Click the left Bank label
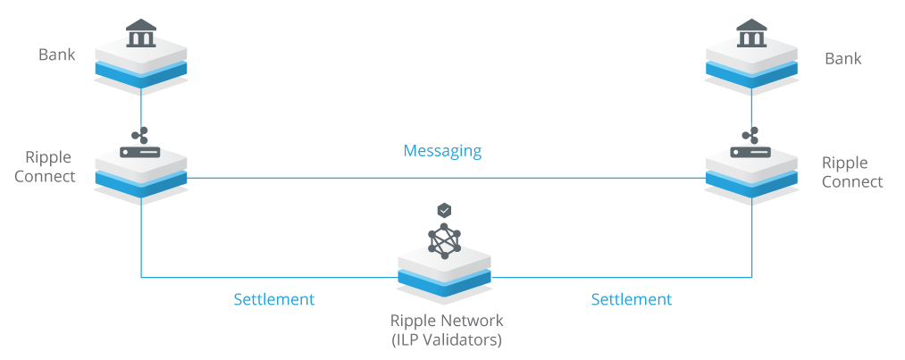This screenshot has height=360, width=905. coord(56,55)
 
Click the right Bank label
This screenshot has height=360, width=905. coord(842,59)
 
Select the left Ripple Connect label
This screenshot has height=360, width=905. coord(50,167)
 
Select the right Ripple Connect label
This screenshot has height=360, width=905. coord(851,172)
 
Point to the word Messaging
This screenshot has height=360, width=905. coord(442,151)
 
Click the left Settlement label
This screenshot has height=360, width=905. coord(273,299)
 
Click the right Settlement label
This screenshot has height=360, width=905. coord(631,299)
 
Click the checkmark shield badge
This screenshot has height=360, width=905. coord(444,210)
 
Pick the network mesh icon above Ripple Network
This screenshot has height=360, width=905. coord(444,240)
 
